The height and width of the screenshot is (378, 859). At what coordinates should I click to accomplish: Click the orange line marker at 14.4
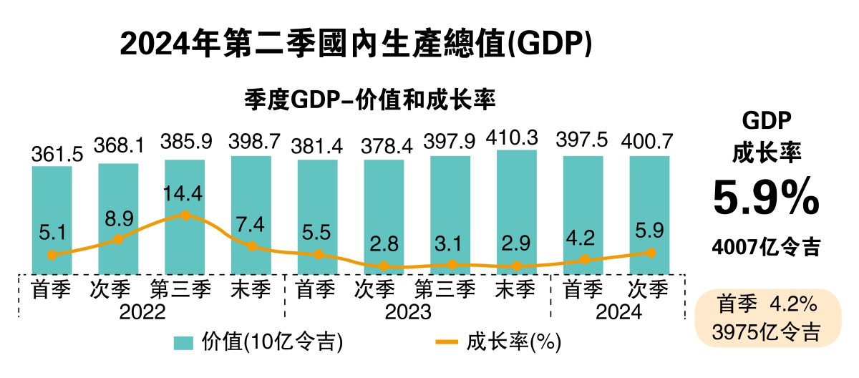pos(185,214)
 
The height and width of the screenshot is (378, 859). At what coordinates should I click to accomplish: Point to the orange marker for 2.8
pos(384,266)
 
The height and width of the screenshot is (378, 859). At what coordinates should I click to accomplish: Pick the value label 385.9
pos(185,142)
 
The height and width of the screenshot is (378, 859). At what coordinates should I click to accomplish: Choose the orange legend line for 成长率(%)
pos(446,342)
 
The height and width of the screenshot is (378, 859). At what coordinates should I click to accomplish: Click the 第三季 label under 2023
pos(450,290)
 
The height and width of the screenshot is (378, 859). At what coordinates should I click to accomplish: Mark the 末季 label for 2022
pos(251,290)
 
